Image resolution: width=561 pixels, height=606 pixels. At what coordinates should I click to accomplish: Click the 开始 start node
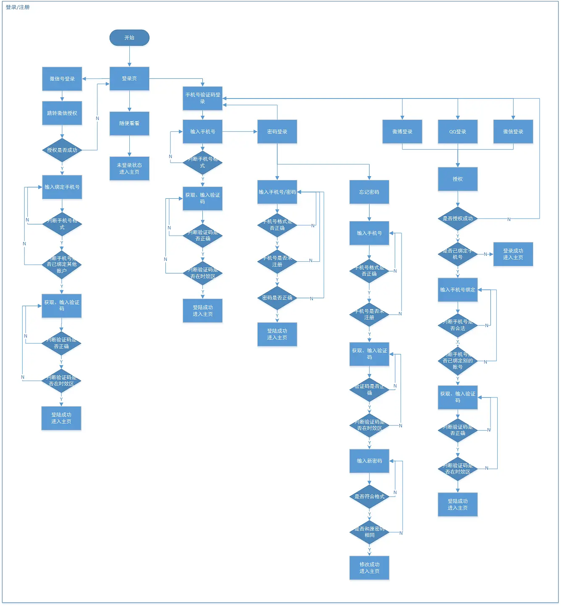pyautogui.click(x=129, y=38)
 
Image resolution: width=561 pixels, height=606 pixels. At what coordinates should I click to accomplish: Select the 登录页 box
pyautogui.click(x=129, y=78)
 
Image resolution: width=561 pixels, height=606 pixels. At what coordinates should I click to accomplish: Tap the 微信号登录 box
pyautogui.click(x=62, y=79)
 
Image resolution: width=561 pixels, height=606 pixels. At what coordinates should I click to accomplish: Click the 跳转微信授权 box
pyautogui.click(x=62, y=113)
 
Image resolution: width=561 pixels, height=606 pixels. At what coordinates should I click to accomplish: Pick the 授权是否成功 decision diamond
pyautogui.click(x=62, y=150)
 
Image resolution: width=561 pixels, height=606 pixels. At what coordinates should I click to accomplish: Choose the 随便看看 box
pyautogui.click(x=129, y=123)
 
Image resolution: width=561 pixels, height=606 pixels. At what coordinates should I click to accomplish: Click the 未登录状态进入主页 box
pyautogui.click(x=129, y=169)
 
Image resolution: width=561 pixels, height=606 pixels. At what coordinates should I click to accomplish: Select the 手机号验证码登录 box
pyautogui.click(x=202, y=98)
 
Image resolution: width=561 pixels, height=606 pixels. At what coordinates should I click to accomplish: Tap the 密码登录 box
pyautogui.click(x=277, y=132)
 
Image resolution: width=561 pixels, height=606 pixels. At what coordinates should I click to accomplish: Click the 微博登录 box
pyautogui.click(x=402, y=132)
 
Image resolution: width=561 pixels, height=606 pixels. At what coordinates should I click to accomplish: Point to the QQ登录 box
pyautogui.click(x=458, y=132)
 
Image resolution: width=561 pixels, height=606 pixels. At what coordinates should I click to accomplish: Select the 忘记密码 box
pyautogui.click(x=369, y=192)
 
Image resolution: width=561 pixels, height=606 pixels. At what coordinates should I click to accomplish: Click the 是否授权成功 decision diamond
pyautogui.click(x=458, y=218)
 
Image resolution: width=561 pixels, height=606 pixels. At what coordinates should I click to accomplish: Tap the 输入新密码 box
pyautogui.click(x=370, y=461)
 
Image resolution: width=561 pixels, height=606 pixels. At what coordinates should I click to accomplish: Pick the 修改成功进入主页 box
pyautogui.click(x=370, y=568)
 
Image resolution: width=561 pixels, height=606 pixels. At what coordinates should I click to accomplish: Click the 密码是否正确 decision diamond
pyautogui.click(x=277, y=298)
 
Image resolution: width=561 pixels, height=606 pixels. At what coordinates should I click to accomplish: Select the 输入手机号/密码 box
pyautogui.click(x=277, y=192)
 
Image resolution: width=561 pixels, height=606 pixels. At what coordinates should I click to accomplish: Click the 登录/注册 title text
pyautogui.click(x=18, y=7)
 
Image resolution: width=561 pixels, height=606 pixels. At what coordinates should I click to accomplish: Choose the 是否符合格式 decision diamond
pyautogui.click(x=370, y=497)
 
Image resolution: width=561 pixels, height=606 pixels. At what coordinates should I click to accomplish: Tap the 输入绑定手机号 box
pyautogui.click(x=62, y=187)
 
